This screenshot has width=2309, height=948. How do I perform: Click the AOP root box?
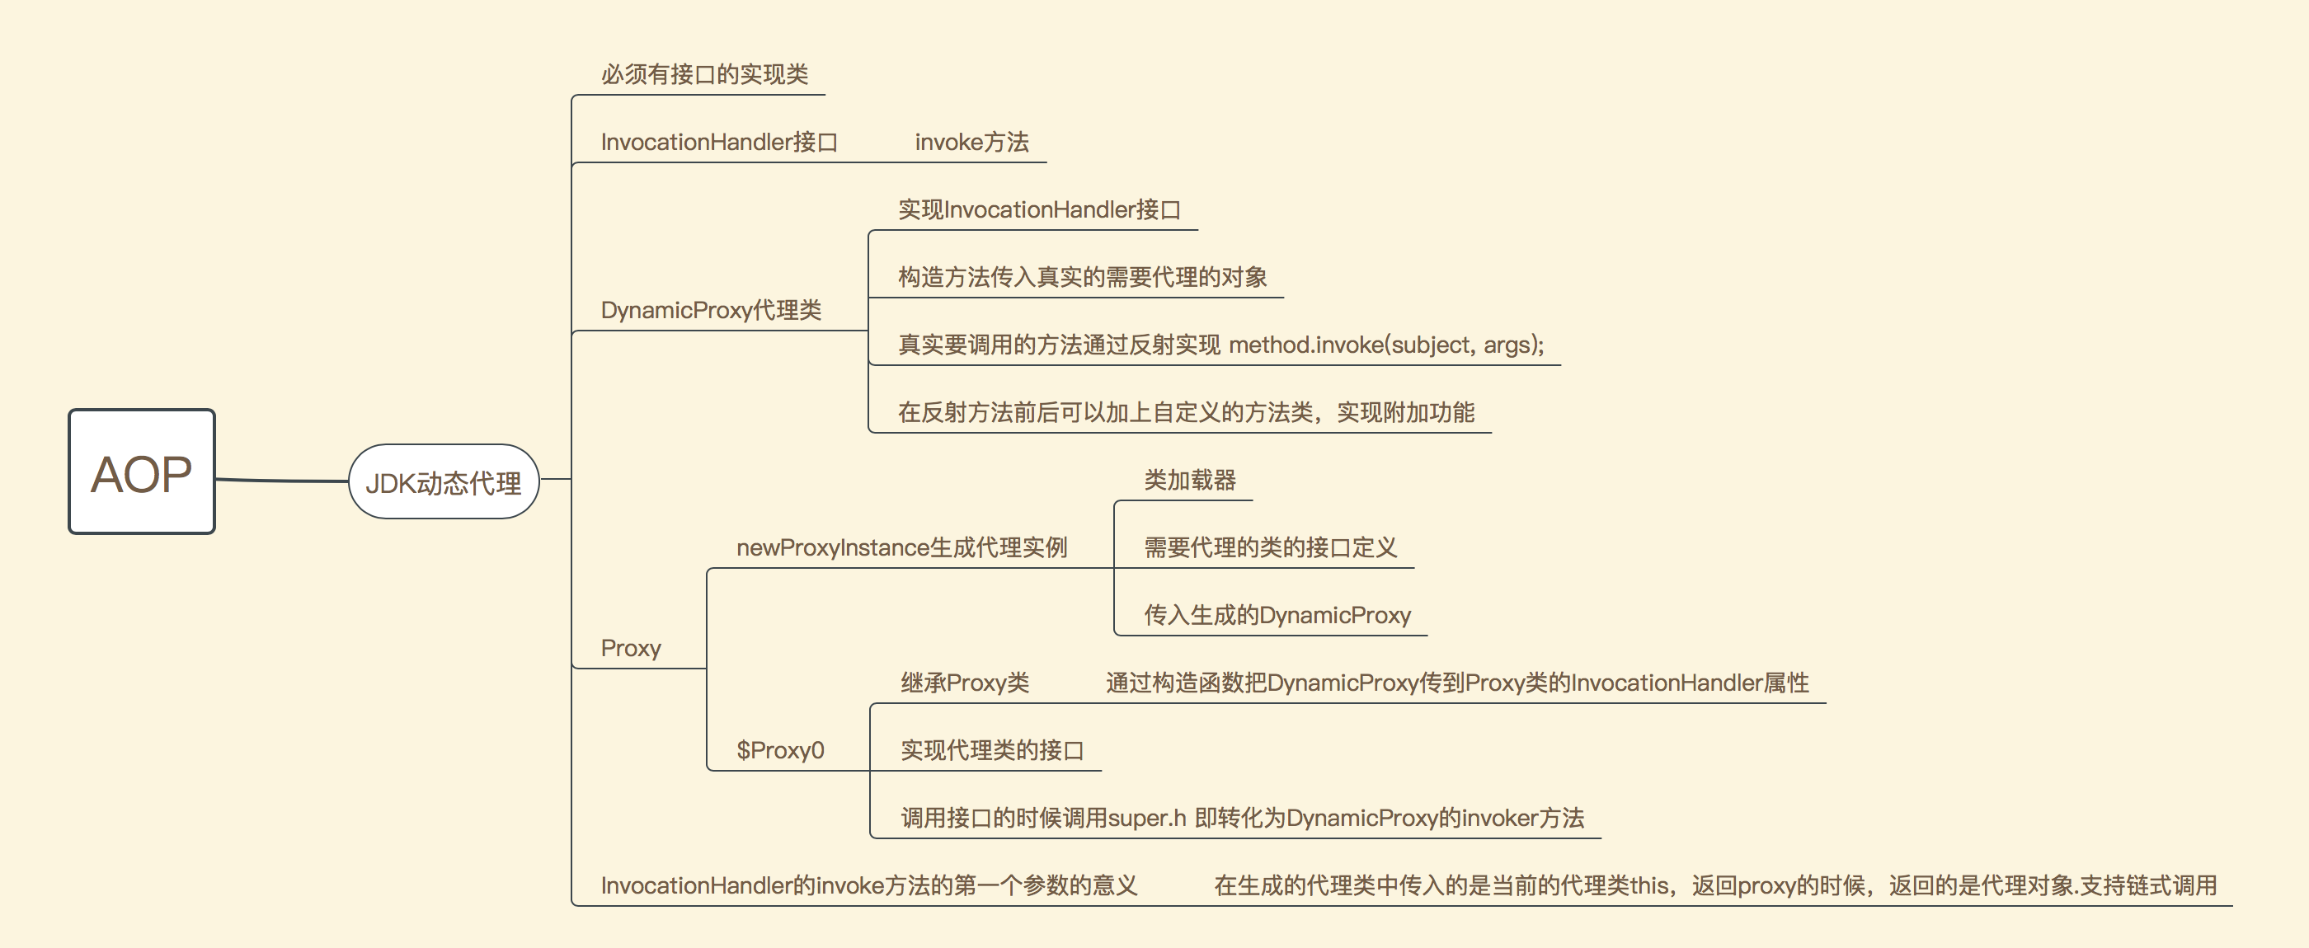point(142,472)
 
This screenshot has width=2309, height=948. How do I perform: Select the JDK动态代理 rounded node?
point(443,482)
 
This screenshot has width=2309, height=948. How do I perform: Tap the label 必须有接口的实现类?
point(703,74)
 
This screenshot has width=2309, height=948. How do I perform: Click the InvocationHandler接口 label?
point(719,143)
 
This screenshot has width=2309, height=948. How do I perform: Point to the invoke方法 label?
point(971,143)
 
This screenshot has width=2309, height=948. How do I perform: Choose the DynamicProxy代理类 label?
point(711,311)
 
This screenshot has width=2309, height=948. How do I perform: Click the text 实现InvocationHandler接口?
point(1039,209)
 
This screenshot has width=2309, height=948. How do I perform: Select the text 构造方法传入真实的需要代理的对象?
point(1082,278)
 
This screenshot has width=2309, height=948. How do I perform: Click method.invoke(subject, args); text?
point(1385,345)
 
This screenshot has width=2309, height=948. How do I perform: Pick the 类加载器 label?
point(1189,481)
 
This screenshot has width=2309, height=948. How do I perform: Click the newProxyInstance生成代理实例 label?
point(901,547)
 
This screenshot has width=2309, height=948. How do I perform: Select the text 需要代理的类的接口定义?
point(1270,547)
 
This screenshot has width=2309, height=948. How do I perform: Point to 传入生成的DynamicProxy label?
point(1277,616)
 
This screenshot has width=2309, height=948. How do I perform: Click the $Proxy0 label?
point(780,750)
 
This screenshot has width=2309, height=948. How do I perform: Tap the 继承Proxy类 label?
point(965,683)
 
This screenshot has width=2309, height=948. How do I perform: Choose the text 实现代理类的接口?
point(991,750)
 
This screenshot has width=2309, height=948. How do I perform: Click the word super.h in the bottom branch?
point(1146,818)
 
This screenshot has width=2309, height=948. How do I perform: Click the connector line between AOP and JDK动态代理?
point(281,481)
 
